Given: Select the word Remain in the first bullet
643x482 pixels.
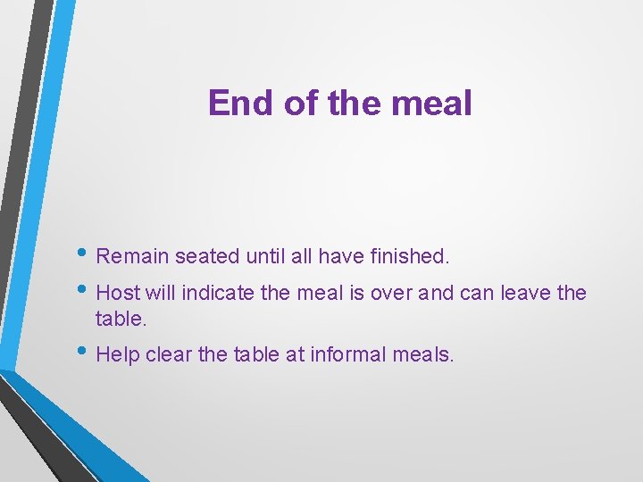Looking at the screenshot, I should point(132,257).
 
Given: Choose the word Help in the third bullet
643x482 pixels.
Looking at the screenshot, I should point(116,355).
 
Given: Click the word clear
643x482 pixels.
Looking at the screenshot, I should point(168,355).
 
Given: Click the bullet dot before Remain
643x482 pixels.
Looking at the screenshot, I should point(85,253).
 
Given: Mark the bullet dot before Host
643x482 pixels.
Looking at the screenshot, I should point(85,289).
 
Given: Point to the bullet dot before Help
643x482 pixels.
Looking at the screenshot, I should point(85,352).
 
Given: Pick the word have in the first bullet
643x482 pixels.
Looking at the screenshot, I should point(341,257).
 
